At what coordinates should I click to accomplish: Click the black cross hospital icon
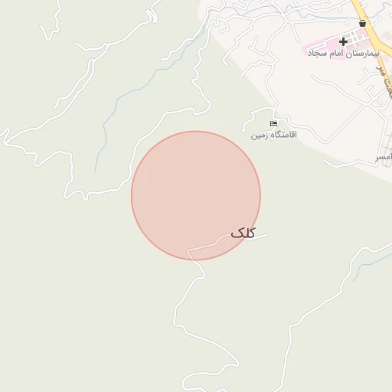[x=342, y=41]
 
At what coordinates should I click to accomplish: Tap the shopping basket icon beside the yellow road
[x=362, y=24]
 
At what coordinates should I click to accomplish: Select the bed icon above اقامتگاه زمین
[x=273, y=124]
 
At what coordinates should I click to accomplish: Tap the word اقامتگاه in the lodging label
[x=282, y=136]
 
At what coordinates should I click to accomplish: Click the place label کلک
[x=242, y=233]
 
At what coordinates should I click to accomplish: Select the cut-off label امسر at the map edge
[x=382, y=156]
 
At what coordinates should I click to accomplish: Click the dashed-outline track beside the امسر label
[x=360, y=162]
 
